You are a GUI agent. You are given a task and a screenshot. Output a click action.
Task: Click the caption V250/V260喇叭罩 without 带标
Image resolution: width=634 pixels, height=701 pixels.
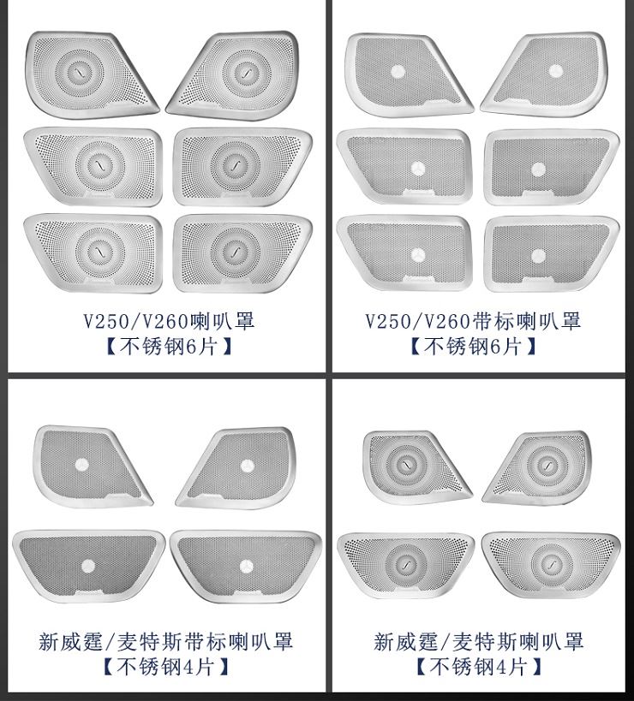(x=169, y=321)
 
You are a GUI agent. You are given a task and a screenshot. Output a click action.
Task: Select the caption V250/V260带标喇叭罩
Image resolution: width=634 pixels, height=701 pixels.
(x=474, y=321)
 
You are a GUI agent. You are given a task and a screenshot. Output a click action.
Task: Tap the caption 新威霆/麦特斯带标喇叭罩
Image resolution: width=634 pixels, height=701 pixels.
(x=165, y=642)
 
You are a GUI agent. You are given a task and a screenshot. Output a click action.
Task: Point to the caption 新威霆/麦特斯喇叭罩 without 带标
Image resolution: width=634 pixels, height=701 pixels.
(x=479, y=642)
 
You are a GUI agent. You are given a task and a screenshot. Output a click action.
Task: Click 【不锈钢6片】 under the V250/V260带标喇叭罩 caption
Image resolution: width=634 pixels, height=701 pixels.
(x=474, y=346)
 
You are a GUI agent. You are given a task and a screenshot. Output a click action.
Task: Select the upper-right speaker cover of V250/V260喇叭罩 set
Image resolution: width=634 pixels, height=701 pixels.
(x=233, y=75)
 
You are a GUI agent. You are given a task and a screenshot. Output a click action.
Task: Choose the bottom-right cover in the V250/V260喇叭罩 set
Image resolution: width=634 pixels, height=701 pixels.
(x=242, y=254)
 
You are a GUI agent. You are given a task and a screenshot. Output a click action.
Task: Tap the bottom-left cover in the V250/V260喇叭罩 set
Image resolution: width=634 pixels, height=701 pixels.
(x=93, y=253)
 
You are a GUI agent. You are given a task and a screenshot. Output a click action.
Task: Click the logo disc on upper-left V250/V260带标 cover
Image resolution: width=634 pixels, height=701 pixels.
(x=398, y=72)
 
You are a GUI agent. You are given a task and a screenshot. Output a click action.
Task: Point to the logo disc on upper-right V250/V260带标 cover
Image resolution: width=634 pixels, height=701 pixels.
(x=556, y=71)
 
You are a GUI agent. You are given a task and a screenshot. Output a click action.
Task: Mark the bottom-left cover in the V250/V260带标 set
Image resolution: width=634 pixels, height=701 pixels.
(x=404, y=253)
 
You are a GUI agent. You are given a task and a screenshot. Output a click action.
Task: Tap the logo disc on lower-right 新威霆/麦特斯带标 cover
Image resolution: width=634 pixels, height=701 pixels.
(x=246, y=567)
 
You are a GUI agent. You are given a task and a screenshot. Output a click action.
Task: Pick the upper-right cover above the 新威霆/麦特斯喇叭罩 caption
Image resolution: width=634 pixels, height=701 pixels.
(x=538, y=467)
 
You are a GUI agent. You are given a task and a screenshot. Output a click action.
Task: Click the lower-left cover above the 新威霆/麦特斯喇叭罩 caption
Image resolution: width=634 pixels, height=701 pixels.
(x=405, y=565)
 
